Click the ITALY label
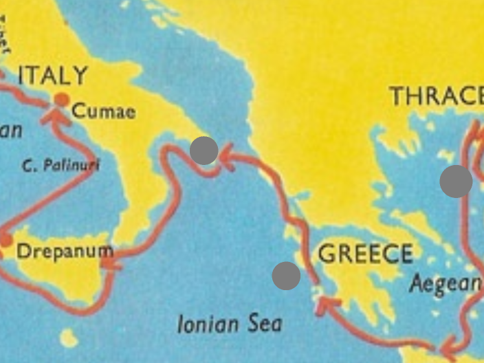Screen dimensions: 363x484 [53, 76]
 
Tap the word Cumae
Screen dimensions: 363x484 [103, 111]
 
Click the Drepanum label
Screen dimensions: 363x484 [63, 251]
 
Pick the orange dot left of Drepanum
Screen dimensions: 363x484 [6, 241]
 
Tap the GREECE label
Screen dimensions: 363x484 [365, 254]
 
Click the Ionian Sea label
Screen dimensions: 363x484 [230, 324]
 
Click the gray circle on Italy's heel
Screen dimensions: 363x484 [203, 151]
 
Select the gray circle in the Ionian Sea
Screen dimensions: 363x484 [286, 276]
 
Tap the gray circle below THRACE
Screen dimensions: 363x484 [456, 181]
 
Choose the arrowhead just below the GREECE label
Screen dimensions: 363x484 [321, 305]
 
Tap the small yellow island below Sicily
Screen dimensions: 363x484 [68, 338]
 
